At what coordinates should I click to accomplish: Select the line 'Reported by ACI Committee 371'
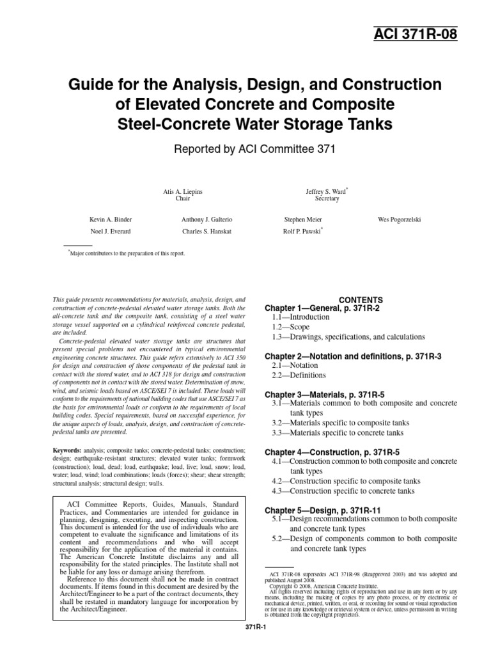point(245,148)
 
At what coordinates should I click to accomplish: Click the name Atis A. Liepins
point(183,191)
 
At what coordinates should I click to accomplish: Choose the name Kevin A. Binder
point(111,219)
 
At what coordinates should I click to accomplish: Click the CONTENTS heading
point(361,299)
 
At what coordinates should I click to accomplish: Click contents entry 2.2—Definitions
point(299,375)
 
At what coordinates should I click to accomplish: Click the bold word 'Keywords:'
point(66,450)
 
